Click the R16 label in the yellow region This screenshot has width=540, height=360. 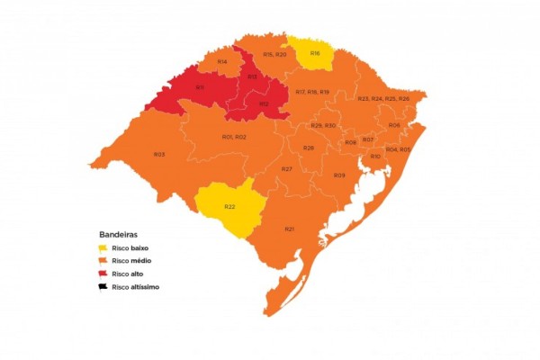[315, 53]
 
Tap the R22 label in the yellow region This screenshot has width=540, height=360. [229, 207]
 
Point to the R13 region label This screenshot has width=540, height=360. [253, 77]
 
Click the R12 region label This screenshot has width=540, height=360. [264, 104]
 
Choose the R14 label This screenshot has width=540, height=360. [221, 60]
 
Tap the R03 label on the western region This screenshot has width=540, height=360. [158, 154]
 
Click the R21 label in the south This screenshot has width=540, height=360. [290, 229]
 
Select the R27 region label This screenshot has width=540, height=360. [287, 169]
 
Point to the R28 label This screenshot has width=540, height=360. [308, 148]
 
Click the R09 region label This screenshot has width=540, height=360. [339, 175]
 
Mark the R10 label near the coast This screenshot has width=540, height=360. [374, 157]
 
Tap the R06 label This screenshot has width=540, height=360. [394, 125]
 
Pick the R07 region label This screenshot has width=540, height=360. [368, 139]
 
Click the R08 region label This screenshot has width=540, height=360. [350, 142]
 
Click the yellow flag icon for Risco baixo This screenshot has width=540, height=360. [103, 247]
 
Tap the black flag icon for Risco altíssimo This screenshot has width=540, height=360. [103, 287]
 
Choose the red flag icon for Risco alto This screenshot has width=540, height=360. [103, 274]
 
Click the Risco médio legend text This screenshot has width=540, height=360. [132, 260]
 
